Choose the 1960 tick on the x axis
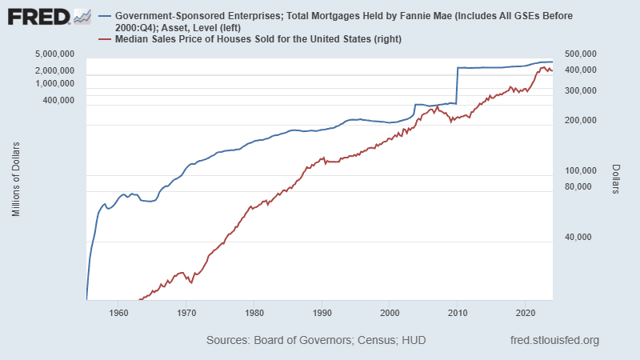point(118,312)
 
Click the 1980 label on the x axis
point(254,312)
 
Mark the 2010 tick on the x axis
point(457,312)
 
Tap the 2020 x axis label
point(525,312)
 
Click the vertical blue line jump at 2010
point(457,85)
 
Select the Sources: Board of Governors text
point(315,340)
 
